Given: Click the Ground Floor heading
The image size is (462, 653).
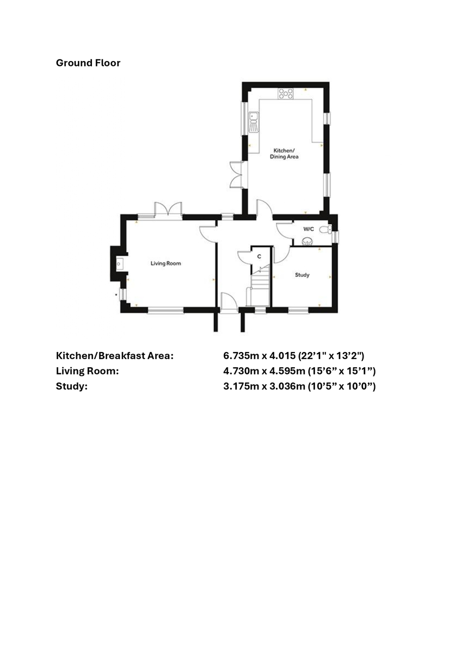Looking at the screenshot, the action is tap(88, 63).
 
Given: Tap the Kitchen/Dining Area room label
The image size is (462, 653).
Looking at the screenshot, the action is tap(284, 153).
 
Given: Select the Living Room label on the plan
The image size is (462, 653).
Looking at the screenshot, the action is tap(165, 263).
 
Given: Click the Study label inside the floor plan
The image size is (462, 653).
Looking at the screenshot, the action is tap(302, 275).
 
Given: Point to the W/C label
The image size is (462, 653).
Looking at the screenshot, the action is tap(309, 229).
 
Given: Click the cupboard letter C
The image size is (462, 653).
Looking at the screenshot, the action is tap(259, 256).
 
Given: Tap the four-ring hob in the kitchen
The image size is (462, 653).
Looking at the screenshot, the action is tap(286, 94).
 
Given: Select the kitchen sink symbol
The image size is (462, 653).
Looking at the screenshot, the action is tap(253, 122).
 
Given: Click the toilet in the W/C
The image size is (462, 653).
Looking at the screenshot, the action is tap(325, 230).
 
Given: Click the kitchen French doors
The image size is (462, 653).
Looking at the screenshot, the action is tap(236, 175).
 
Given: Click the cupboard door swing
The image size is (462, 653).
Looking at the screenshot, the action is tap(244, 257).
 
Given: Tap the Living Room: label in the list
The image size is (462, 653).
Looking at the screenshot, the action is tap(87, 371).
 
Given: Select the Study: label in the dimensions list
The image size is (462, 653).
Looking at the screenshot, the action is tap(72, 386).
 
